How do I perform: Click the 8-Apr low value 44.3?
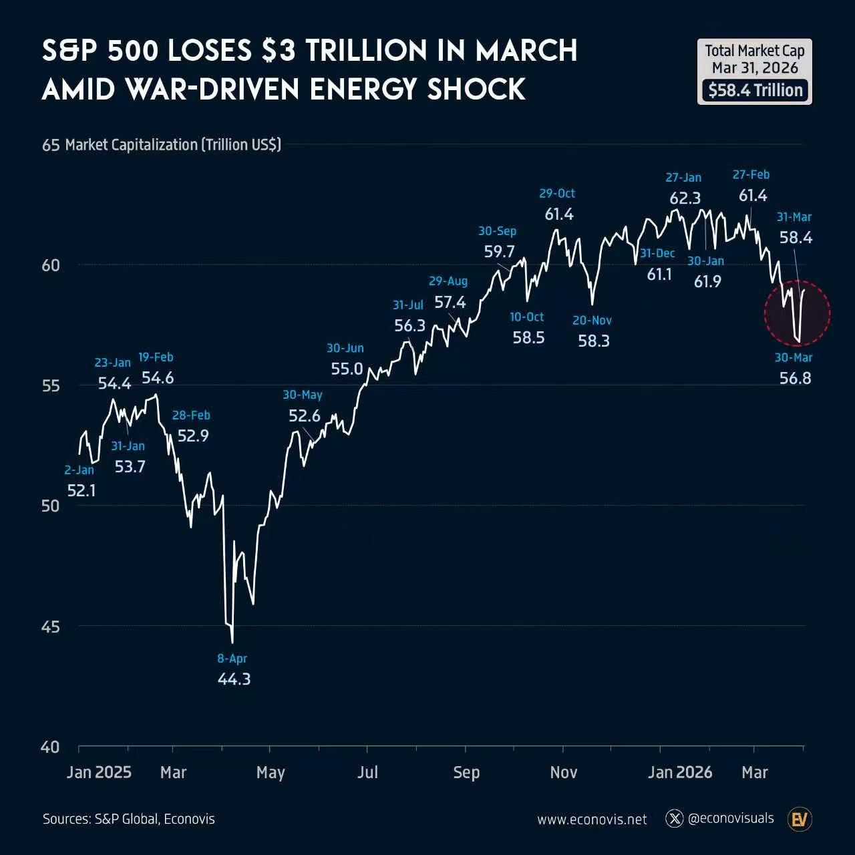click(234, 679)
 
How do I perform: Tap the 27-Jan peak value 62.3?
click(685, 198)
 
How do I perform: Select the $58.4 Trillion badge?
click(755, 90)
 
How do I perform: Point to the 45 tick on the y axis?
click(50, 627)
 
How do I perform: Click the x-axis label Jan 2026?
click(680, 772)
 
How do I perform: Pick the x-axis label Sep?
click(466, 772)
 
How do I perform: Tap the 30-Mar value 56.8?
click(795, 378)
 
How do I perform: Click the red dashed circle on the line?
click(798, 313)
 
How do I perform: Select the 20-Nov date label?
click(592, 321)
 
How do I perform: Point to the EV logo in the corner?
click(799, 819)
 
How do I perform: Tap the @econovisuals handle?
click(731, 818)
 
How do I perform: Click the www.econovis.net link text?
click(592, 820)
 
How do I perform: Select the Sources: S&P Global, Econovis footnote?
click(129, 819)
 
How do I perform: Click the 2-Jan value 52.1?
click(81, 491)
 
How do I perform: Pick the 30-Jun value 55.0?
click(347, 369)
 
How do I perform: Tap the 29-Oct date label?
click(557, 194)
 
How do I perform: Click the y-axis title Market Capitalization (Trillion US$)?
click(173, 145)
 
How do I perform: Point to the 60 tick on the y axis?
click(50, 265)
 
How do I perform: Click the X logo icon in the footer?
click(675, 818)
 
